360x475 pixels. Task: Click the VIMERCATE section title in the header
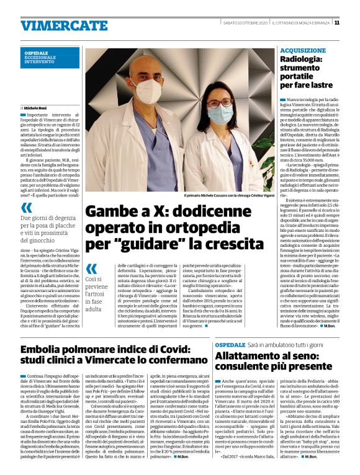click(55, 25)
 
